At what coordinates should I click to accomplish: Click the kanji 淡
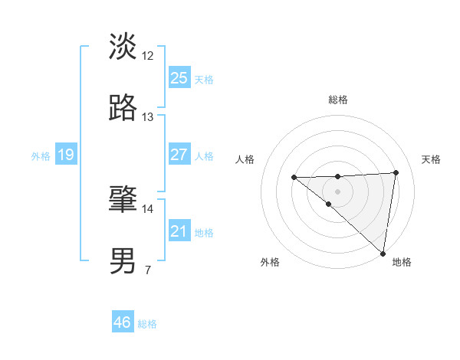(123, 47)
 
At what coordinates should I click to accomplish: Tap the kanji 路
(123, 109)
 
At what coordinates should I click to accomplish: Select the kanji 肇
(123, 200)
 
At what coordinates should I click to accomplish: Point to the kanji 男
(123, 261)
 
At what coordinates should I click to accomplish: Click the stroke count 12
(148, 56)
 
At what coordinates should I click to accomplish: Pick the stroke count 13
(148, 117)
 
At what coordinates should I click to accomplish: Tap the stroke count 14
(148, 208)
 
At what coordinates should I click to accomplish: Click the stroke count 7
(148, 270)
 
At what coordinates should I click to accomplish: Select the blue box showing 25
(179, 78)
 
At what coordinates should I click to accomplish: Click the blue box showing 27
(179, 155)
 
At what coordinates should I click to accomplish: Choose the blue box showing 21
(179, 231)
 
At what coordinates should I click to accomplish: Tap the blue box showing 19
(65, 155)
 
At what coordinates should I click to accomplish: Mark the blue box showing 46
(122, 322)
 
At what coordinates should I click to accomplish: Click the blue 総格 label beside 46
(147, 324)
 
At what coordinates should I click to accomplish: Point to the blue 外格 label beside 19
(41, 156)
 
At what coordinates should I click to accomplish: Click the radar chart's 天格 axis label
(431, 159)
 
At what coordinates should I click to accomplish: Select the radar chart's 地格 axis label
(402, 262)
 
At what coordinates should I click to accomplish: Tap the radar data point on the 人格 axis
(294, 178)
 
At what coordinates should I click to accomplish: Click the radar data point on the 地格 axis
(383, 254)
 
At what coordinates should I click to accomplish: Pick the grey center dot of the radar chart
(337, 191)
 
